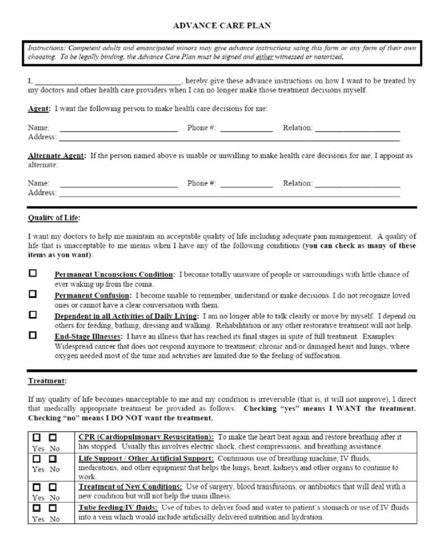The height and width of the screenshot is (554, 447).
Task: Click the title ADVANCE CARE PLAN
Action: click(223, 26)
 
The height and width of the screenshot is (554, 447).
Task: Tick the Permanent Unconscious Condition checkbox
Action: click(33, 274)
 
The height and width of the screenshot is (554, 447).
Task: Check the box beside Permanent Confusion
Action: click(33, 294)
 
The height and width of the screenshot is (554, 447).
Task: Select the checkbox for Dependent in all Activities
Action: click(33, 315)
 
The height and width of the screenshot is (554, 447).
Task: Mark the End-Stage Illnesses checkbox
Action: click(33, 336)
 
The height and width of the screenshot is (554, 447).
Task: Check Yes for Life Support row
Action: click(37, 459)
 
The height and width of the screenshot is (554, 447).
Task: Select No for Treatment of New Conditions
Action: click(53, 487)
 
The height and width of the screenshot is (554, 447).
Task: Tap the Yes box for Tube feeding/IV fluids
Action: click(37, 508)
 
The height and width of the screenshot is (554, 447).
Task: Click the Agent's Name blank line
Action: click(118, 130)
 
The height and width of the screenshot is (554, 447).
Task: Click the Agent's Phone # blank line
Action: click(246, 130)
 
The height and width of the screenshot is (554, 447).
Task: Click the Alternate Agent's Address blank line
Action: click(229, 195)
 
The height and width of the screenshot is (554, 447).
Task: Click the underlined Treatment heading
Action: click(47, 381)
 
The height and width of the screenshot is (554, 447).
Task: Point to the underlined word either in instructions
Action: click(264, 57)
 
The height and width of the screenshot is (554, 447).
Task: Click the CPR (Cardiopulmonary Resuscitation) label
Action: click(145, 437)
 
